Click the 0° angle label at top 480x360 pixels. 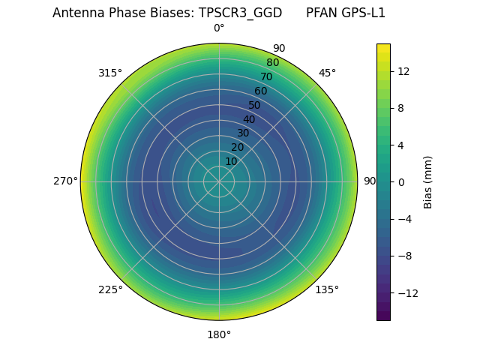(219, 28)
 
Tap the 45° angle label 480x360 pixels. (327, 73)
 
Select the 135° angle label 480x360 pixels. (327, 289)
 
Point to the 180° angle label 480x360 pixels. (219, 334)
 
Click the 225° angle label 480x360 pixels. (110, 289)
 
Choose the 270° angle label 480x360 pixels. (65, 181)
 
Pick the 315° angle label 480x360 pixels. (110, 73)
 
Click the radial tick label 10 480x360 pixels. (231, 161)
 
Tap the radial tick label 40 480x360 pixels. (249, 119)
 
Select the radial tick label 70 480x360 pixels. (266, 76)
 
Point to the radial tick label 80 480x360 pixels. (272, 62)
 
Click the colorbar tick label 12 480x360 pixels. (403, 70)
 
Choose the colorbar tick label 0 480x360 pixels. (401, 181)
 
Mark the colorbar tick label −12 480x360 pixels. (406, 293)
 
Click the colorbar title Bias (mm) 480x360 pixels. (428, 181)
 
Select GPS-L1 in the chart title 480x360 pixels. (361, 13)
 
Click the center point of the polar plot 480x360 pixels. (219, 181)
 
